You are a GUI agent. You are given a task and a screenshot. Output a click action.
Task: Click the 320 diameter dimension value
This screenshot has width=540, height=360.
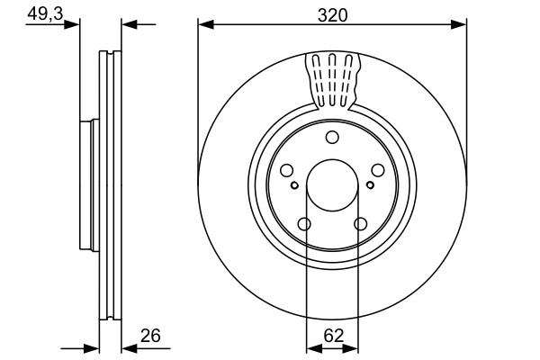(332, 13)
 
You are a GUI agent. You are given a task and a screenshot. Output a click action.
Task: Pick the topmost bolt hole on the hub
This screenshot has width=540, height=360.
(332, 137)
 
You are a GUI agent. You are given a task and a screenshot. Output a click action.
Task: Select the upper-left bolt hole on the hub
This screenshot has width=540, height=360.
(286, 171)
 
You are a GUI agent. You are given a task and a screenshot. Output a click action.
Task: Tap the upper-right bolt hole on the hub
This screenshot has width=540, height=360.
(378, 171)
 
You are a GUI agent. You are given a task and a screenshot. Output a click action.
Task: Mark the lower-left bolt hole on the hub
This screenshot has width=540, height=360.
(304, 224)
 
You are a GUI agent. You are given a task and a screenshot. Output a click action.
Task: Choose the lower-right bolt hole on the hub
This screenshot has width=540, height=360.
(361, 224)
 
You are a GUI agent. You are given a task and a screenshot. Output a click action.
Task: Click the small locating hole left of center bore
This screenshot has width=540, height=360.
(294, 184)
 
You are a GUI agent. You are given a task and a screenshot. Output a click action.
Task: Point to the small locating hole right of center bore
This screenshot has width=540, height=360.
(370, 184)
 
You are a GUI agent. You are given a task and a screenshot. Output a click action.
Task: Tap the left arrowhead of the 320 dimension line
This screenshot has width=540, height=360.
(203, 24)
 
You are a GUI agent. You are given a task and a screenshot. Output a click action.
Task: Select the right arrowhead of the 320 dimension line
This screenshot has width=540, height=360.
(461, 24)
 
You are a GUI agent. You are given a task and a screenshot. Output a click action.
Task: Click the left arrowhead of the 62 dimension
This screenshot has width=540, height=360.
(311, 346)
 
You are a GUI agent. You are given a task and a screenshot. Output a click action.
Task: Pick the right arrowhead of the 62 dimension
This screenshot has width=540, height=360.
(355, 346)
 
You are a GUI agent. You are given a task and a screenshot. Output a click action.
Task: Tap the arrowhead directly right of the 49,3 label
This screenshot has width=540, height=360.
(74, 24)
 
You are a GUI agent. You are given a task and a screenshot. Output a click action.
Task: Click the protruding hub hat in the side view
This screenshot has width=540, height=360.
(87, 184)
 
